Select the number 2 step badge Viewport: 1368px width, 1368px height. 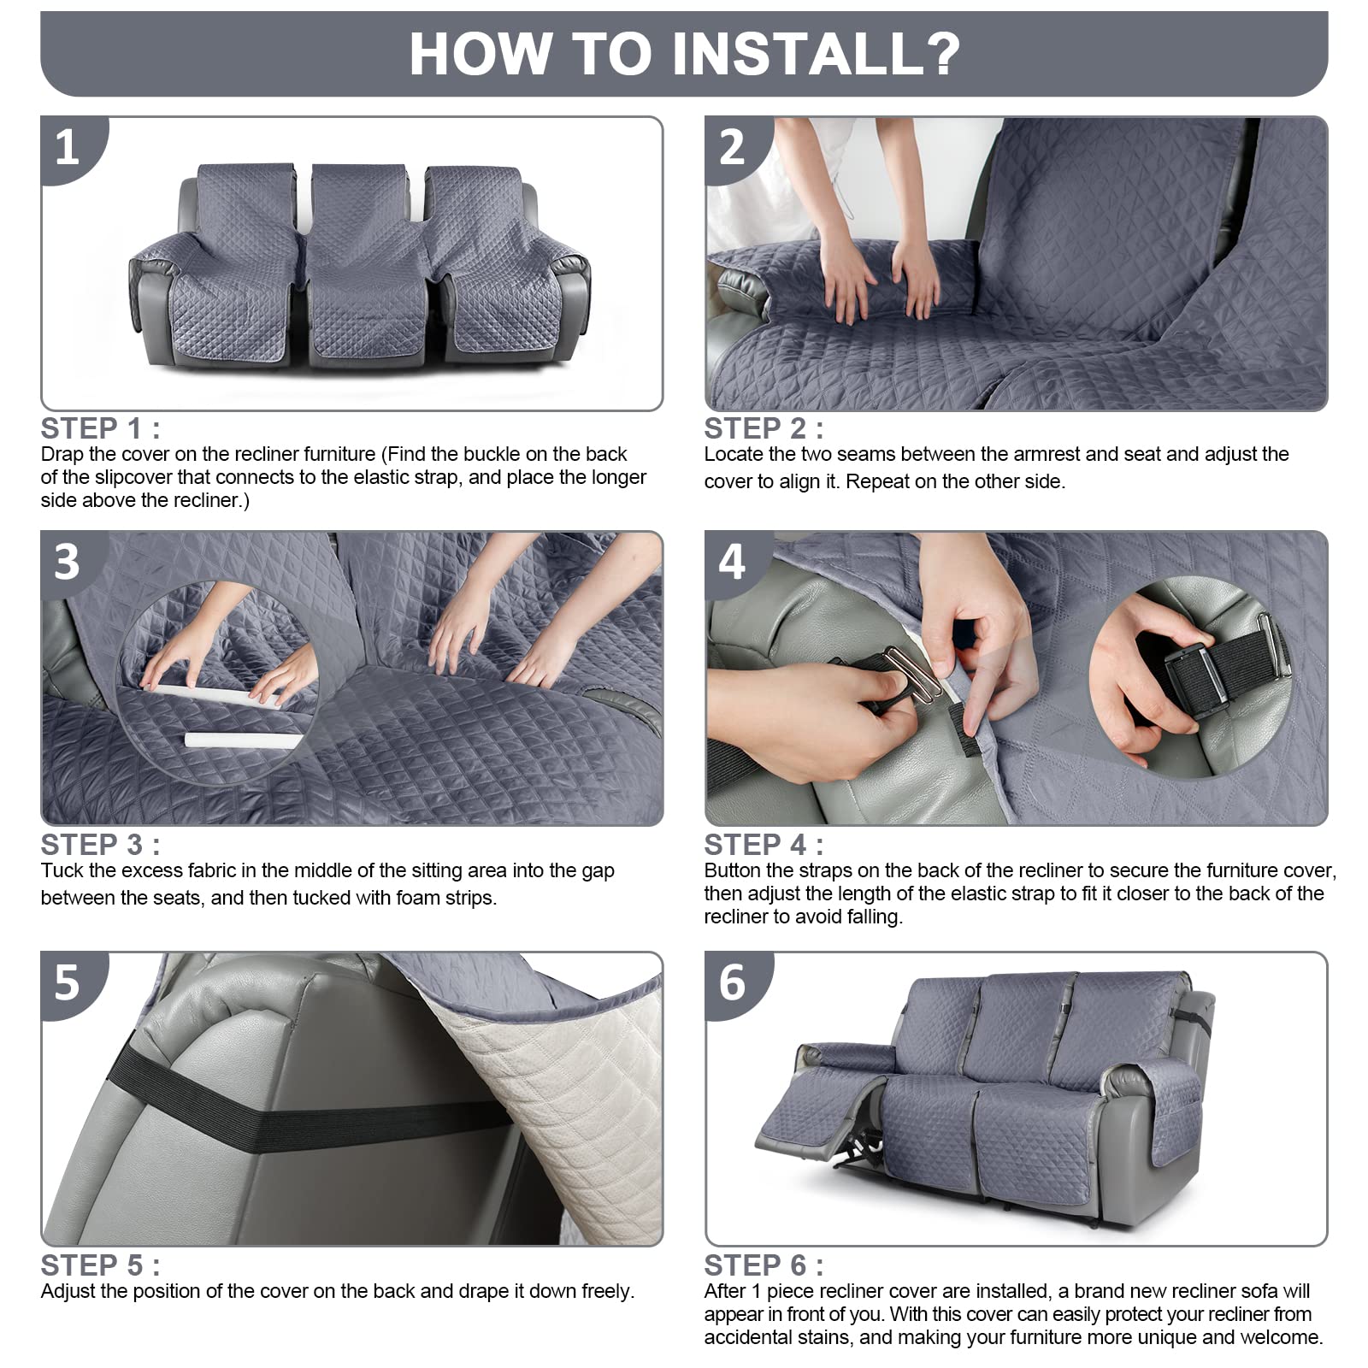pyautogui.click(x=733, y=147)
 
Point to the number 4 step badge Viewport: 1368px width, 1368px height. pyautogui.click(x=733, y=562)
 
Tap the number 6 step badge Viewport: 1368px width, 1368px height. pyautogui.click(x=733, y=983)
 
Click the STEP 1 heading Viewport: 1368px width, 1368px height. pyautogui.click(x=100, y=428)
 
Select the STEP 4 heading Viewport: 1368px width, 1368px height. pyautogui.click(x=764, y=845)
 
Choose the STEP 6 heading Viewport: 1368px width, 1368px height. pyautogui.click(x=764, y=1265)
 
